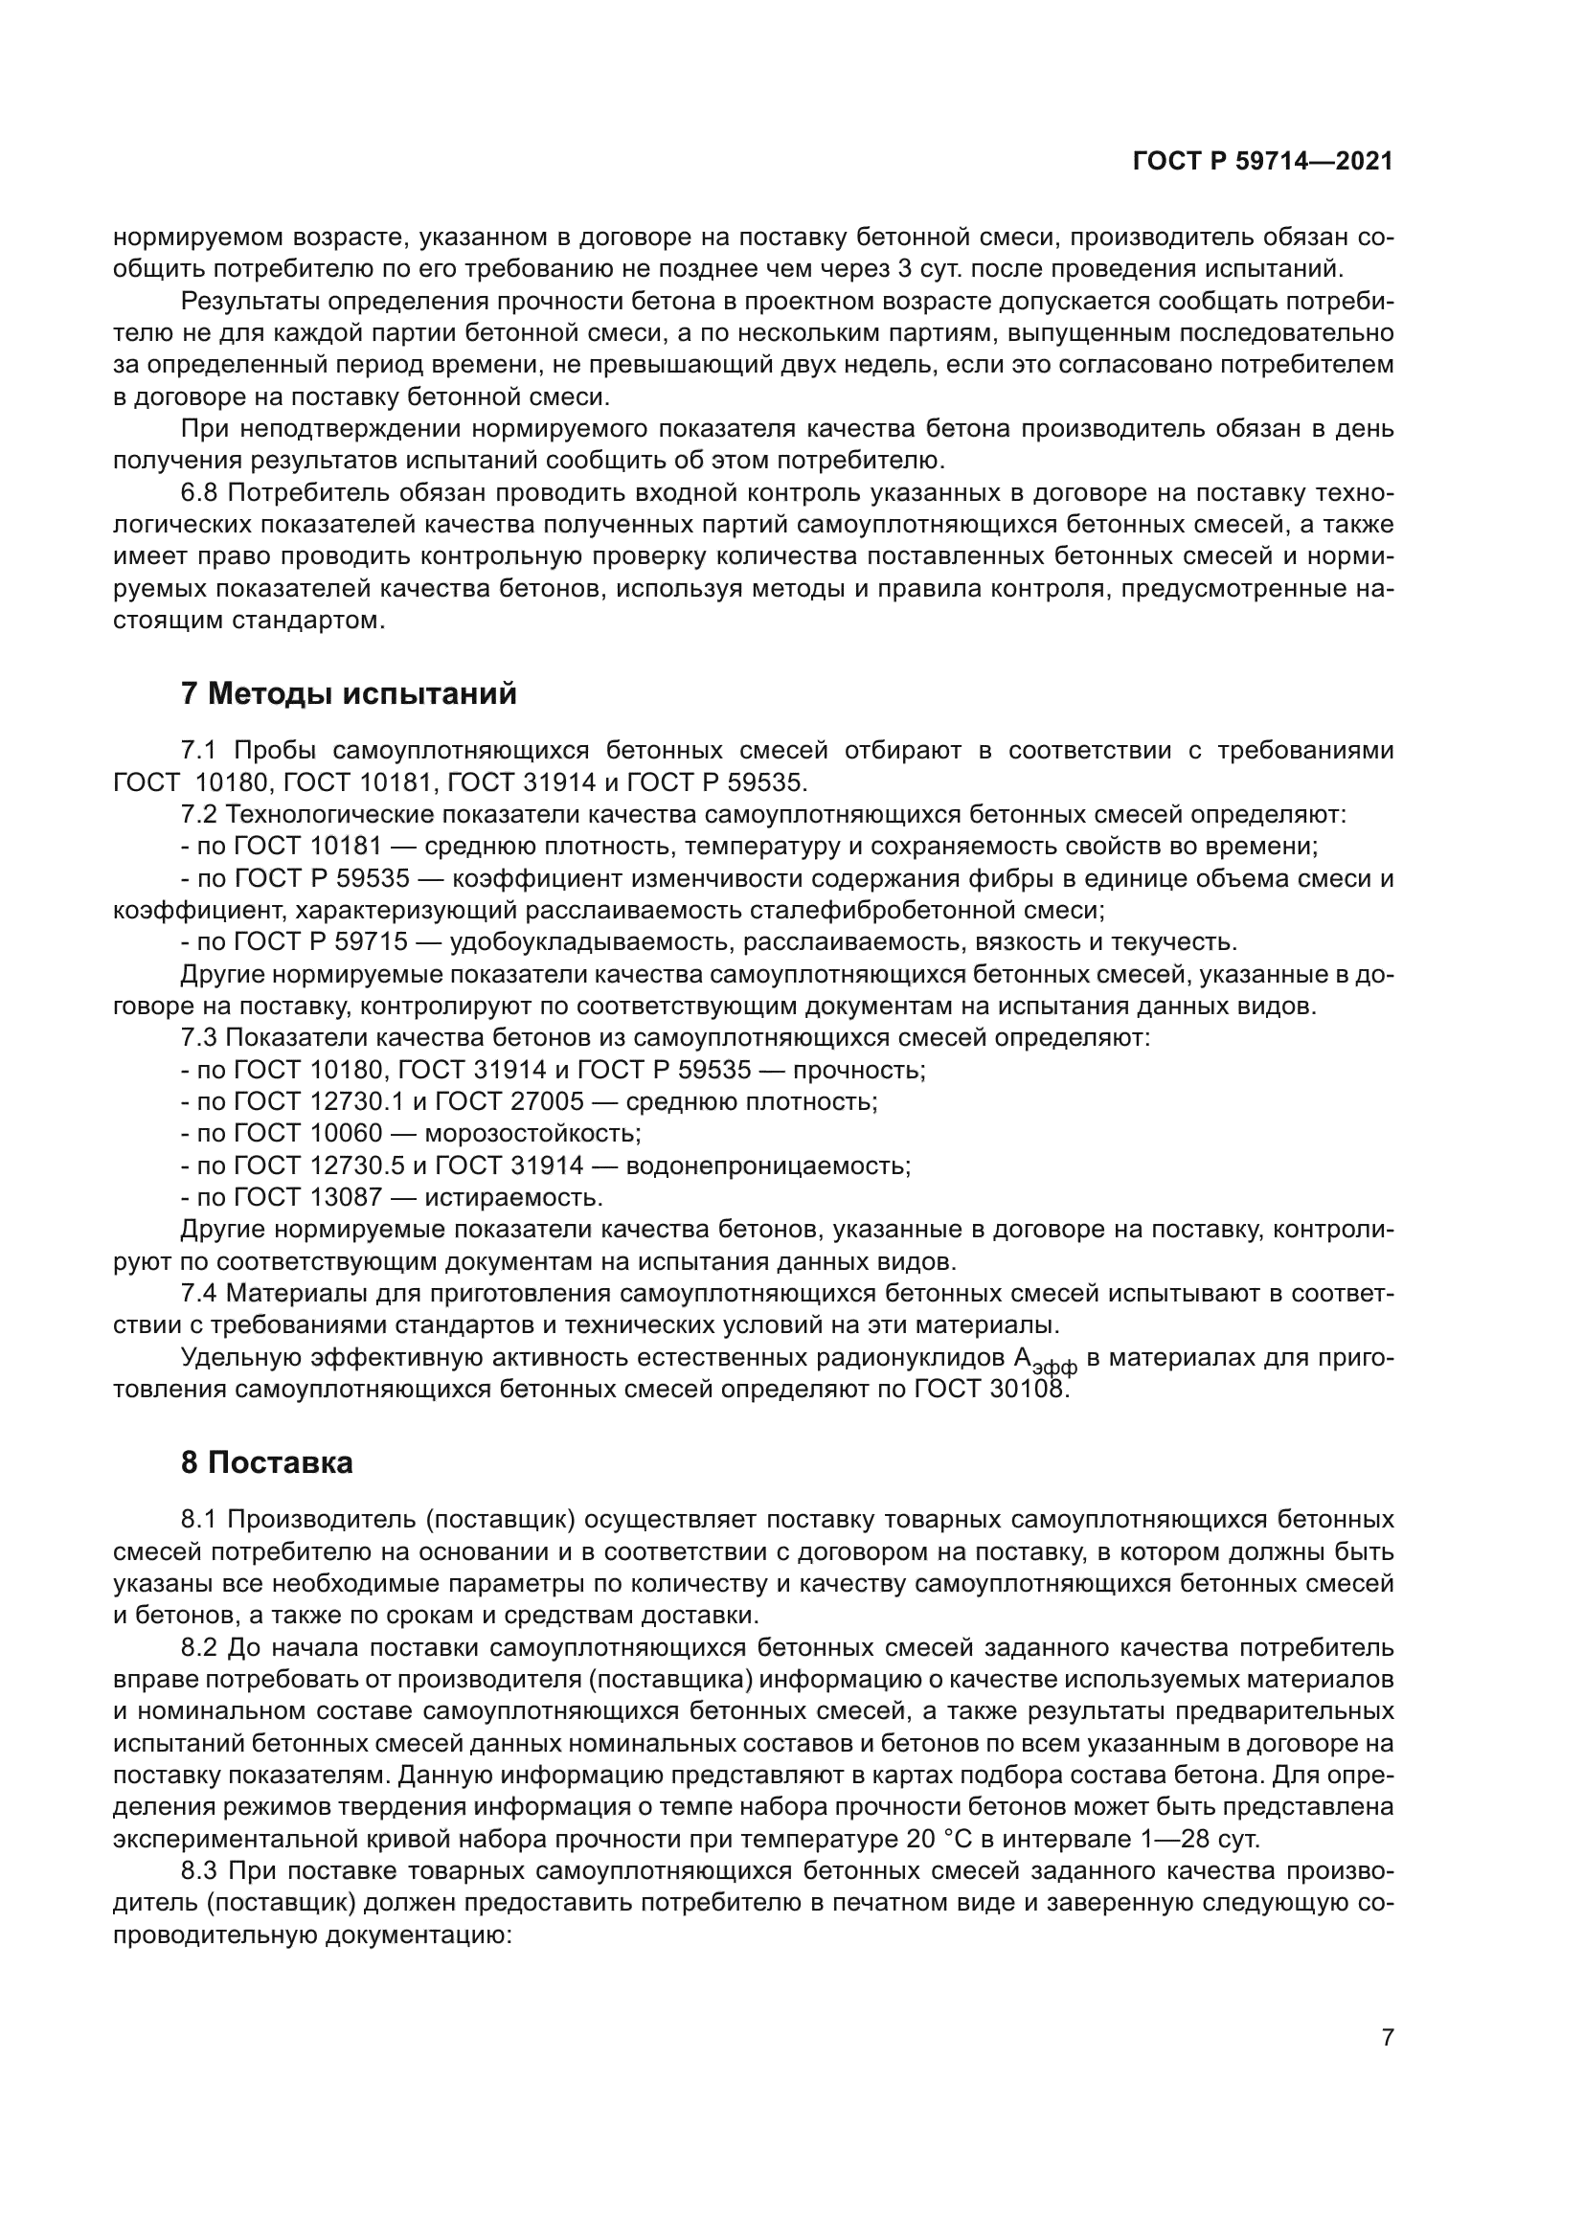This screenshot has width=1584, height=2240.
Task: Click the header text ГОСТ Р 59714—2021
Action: (x=1262, y=162)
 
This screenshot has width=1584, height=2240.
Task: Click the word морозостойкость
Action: (x=532, y=1134)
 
